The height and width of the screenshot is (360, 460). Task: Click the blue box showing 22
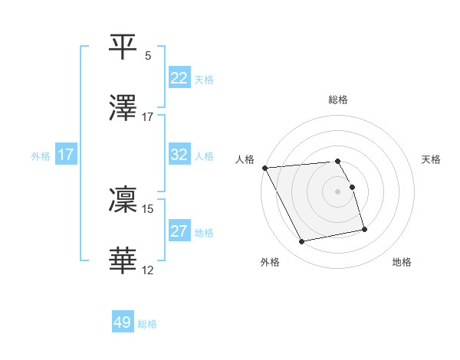click(x=179, y=78)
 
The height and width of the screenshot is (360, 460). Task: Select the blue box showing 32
click(x=179, y=155)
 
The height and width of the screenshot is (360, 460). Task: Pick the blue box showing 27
click(x=179, y=231)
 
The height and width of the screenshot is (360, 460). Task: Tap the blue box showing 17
click(x=66, y=155)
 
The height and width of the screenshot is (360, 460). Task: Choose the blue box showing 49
click(x=123, y=322)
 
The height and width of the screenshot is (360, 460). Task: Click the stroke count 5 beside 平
click(x=148, y=56)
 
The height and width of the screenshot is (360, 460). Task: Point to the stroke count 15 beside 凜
click(x=148, y=208)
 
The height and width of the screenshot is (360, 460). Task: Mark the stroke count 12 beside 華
click(x=148, y=270)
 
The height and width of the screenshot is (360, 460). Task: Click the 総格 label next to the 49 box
click(x=147, y=324)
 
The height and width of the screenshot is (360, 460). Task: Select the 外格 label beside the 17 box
click(x=41, y=156)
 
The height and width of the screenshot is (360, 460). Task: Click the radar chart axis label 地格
click(x=402, y=263)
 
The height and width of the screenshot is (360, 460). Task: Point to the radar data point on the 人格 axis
click(x=265, y=168)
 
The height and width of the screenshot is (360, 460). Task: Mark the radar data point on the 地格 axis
click(x=364, y=228)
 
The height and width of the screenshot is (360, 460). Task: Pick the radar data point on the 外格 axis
click(x=303, y=242)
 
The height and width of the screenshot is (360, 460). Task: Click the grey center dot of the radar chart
click(x=338, y=191)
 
